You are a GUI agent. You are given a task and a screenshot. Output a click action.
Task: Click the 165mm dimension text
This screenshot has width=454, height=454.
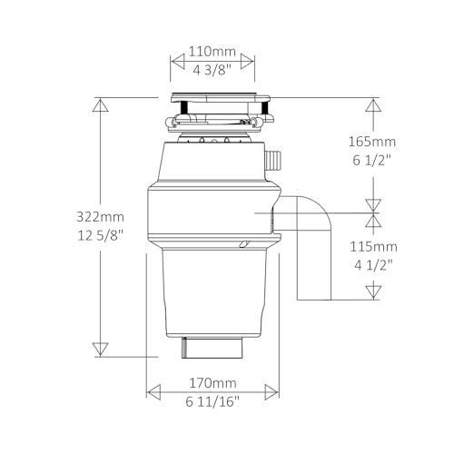tap(372, 142)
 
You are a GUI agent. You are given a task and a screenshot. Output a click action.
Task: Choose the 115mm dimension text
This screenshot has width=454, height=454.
tap(372, 247)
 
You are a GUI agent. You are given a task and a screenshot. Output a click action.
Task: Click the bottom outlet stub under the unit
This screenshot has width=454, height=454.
tap(213, 348)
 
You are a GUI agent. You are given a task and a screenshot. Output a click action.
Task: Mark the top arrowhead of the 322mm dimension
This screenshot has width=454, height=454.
tap(101, 104)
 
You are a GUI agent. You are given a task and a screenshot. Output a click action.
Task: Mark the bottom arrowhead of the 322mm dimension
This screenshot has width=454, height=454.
tap(101, 349)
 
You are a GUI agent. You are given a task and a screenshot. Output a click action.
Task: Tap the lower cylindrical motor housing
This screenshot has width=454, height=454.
tap(213, 291)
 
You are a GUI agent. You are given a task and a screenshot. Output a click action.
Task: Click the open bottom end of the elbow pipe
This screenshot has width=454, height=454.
tap(314, 299)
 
